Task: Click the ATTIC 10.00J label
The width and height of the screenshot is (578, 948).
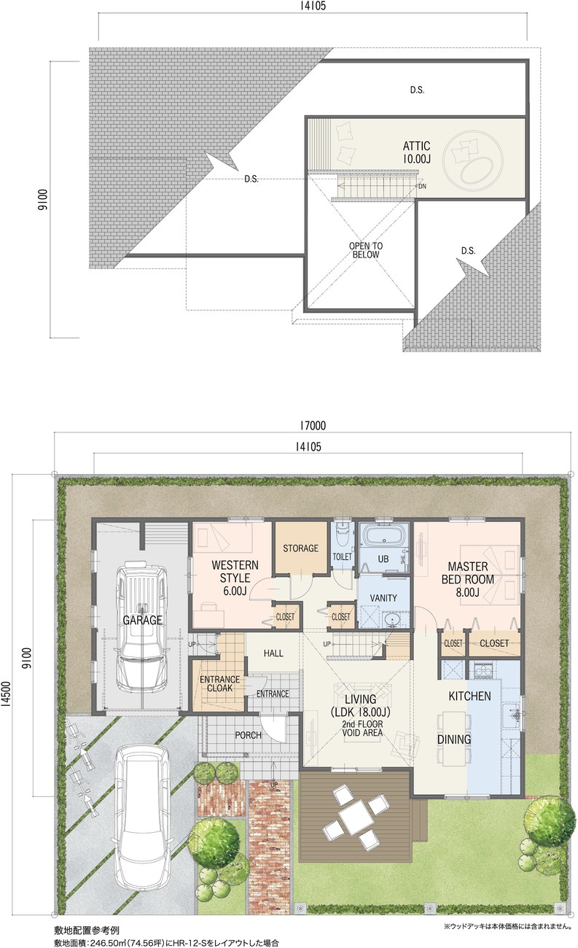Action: click(416, 152)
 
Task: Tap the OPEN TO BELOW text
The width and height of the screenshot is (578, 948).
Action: click(366, 250)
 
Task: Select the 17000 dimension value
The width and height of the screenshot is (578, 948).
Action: click(313, 425)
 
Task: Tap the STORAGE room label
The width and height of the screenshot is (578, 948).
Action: click(300, 548)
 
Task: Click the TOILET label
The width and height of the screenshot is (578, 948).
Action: click(342, 556)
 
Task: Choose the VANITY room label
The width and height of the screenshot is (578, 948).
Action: click(383, 598)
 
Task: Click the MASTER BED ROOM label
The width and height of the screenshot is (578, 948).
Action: click(467, 579)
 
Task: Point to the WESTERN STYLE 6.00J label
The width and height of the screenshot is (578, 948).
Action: click(235, 578)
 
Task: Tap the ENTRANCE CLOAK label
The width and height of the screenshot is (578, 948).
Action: click(219, 683)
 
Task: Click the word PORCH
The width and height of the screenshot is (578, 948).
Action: click(249, 735)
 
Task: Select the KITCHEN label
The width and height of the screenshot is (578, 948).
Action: click(469, 696)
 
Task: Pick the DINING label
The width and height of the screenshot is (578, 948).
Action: click(454, 739)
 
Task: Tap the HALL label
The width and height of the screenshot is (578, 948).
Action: click(273, 653)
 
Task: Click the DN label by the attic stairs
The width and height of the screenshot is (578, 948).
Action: click(422, 186)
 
